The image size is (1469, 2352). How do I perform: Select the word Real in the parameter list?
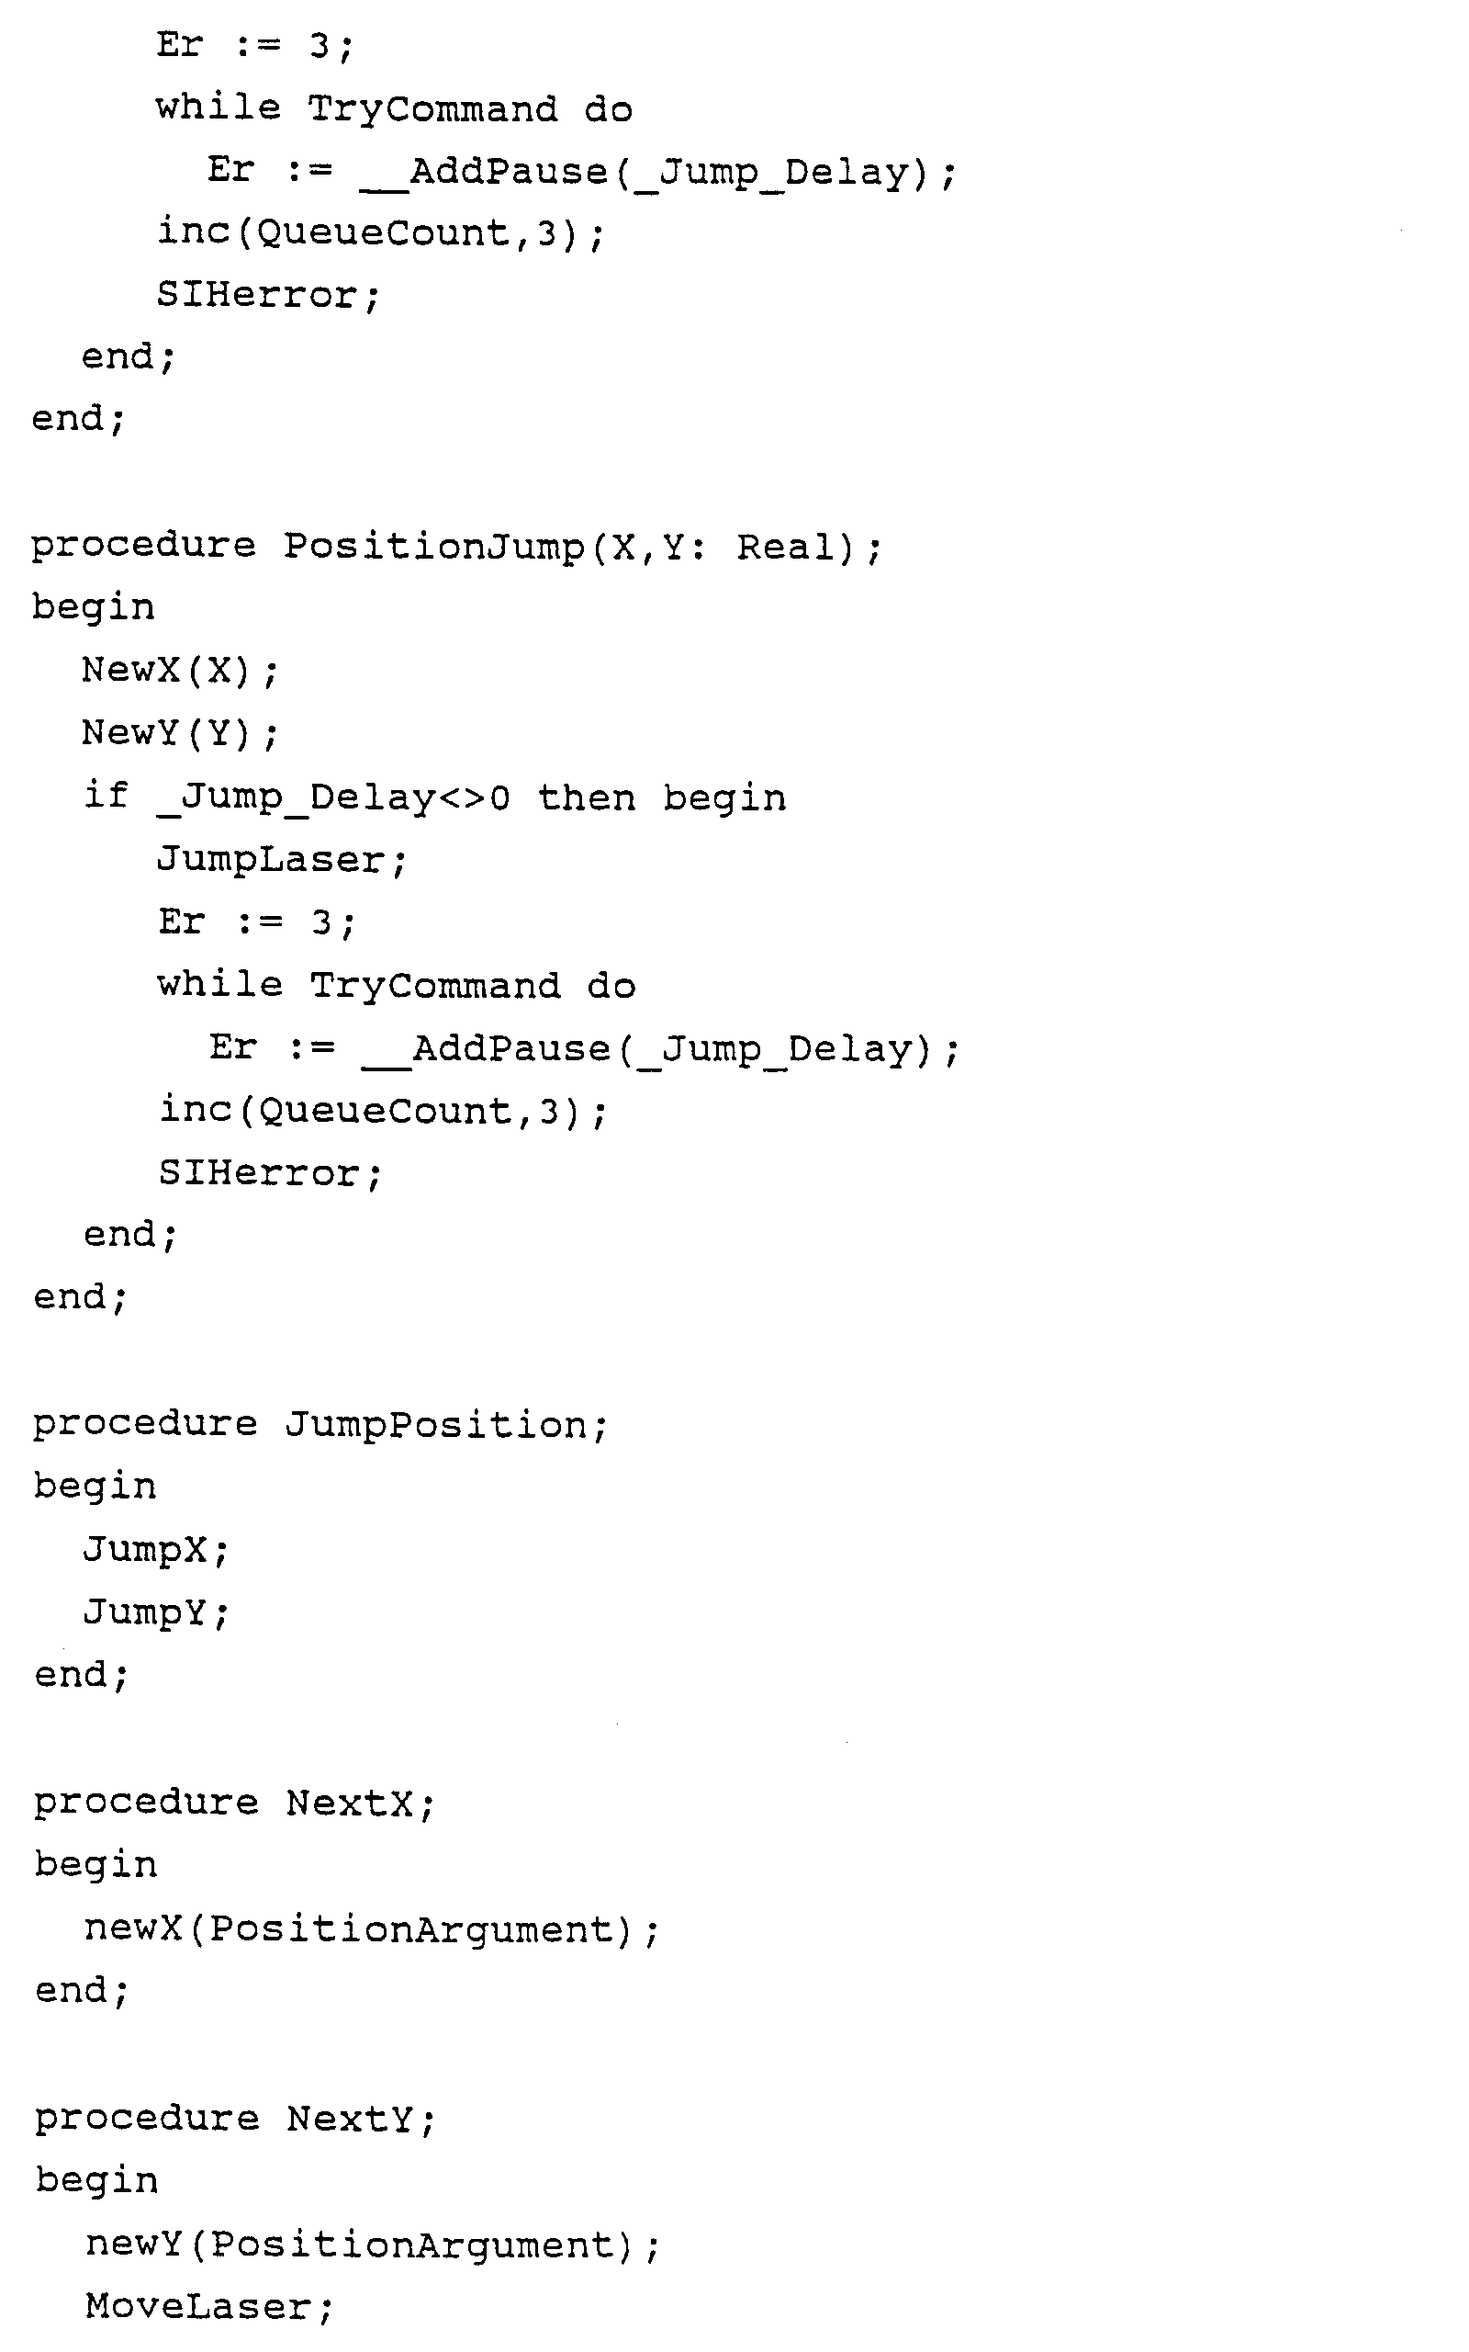(786, 548)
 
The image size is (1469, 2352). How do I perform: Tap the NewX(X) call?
(180, 671)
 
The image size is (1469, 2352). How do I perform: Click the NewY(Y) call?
(180, 733)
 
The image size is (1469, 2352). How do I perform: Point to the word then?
(586, 797)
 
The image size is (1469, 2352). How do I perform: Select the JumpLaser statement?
(282, 860)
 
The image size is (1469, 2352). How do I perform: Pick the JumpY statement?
(155, 1612)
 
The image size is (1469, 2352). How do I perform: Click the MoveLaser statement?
(209, 2307)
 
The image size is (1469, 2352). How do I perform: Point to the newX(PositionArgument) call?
(372, 1929)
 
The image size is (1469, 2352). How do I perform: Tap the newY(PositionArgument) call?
(372, 2245)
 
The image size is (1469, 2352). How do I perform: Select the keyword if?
(106, 796)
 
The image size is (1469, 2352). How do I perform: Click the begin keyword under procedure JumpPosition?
(95, 1487)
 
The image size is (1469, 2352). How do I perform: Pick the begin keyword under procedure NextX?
(95, 1865)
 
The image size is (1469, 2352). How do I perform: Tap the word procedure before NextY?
(147, 2119)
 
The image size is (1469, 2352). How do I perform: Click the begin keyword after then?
(724, 797)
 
